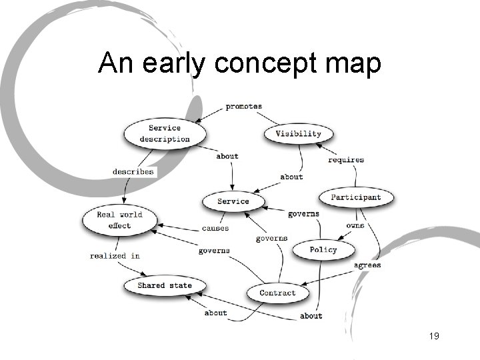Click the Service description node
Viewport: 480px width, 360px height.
pyautogui.click(x=165, y=133)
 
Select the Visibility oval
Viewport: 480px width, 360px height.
pyautogui.click(x=298, y=133)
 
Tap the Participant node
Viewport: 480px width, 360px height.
pyautogui.click(x=356, y=197)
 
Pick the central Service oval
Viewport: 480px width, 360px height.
pyautogui.click(x=233, y=201)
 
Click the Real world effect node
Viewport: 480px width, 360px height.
pyautogui.click(x=120, y=219)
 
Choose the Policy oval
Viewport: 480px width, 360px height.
pyautogui.click(x=323, y=250)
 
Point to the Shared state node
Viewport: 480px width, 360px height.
pyautogui.click(x=164, y=285)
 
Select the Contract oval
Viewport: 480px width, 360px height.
pyautogui.click(x=277, y=293)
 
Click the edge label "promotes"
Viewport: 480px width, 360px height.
pyautogui.click(x=243, y=106)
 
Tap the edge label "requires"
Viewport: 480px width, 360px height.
pyautogui.click(x=346, y=159)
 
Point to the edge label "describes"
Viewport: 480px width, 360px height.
pyautogui.click(x=133, y=171)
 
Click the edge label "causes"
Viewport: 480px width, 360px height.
pyautogui.click(x=215, y=228)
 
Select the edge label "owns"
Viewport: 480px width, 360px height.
pyautogui.click(x=355, y=225)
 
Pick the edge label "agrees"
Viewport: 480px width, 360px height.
pyautogui.click(x=367, y=265)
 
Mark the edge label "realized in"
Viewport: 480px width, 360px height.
pyautogui.click(x=115, y=255)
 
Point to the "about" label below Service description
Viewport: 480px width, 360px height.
pyautogui.click(x=227, y=156)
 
